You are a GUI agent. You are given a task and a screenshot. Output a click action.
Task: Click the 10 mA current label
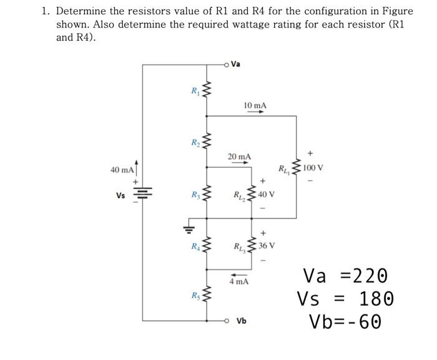coord(255,106)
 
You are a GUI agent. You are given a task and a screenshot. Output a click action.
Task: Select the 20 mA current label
coord(240,156)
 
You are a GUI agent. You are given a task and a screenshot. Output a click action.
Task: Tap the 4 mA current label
coord(238,281)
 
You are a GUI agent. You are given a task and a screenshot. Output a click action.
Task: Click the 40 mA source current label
coord(122,170)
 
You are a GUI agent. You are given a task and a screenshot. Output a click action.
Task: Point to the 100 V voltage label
coord(312,168)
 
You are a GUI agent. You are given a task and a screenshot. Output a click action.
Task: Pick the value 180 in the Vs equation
coord(376,298)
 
